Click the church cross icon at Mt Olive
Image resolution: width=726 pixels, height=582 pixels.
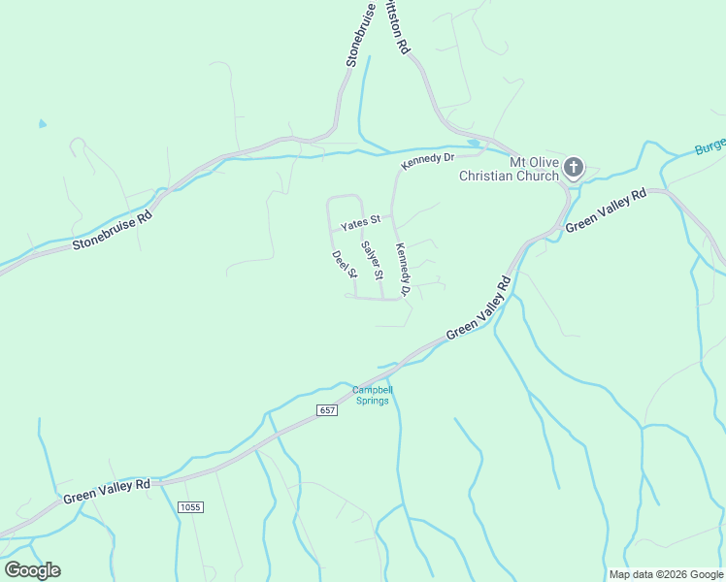(574, 168)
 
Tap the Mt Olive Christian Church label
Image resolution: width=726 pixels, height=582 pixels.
(509, 169)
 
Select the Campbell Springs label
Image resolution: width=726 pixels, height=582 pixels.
(373, 396)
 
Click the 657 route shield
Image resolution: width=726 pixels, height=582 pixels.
(328, 411)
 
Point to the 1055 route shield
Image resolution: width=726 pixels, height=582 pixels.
(189, 507)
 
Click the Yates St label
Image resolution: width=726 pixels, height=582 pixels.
(359, 225)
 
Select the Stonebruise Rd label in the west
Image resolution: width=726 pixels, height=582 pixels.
(113, 230)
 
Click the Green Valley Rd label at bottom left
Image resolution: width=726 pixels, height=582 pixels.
(107, 490)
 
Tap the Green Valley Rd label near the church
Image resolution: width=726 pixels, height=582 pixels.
(606, 210)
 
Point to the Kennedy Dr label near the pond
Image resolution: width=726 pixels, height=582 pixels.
(428, 160)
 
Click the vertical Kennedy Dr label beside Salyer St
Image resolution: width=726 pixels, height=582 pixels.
(403, 269)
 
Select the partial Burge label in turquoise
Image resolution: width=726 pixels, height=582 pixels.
(709, 147)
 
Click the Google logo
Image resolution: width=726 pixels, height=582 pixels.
(32, 570)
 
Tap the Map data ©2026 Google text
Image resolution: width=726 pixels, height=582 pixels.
(666, 574)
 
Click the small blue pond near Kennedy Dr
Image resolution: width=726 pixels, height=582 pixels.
(473, 144)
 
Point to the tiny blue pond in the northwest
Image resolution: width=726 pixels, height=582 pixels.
(41, 124)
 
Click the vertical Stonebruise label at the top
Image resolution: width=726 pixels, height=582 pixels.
(361, 35)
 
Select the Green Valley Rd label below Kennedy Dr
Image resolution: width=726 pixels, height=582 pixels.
(478, 309)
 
